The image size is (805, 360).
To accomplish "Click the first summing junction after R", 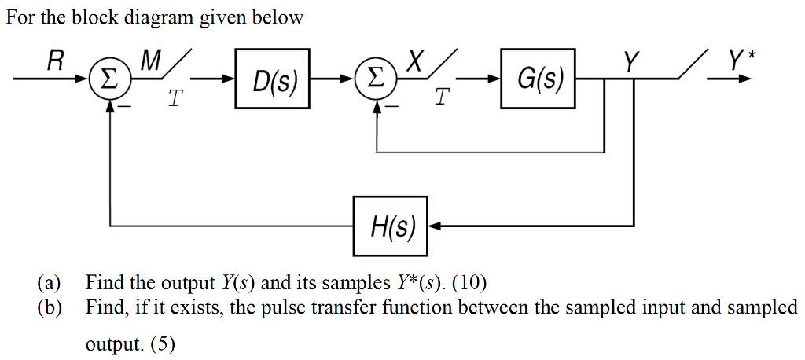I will (111, 80).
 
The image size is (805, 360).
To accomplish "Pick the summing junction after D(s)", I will (377, 80).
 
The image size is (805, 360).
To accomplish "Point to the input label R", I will (55, 61).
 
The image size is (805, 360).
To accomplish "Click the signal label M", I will (149, 61).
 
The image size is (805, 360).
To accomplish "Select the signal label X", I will (417, 61).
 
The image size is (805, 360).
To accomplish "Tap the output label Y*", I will (737, 61).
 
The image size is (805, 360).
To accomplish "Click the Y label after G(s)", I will (630, 61).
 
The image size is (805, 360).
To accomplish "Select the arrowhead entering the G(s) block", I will (495, 79).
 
